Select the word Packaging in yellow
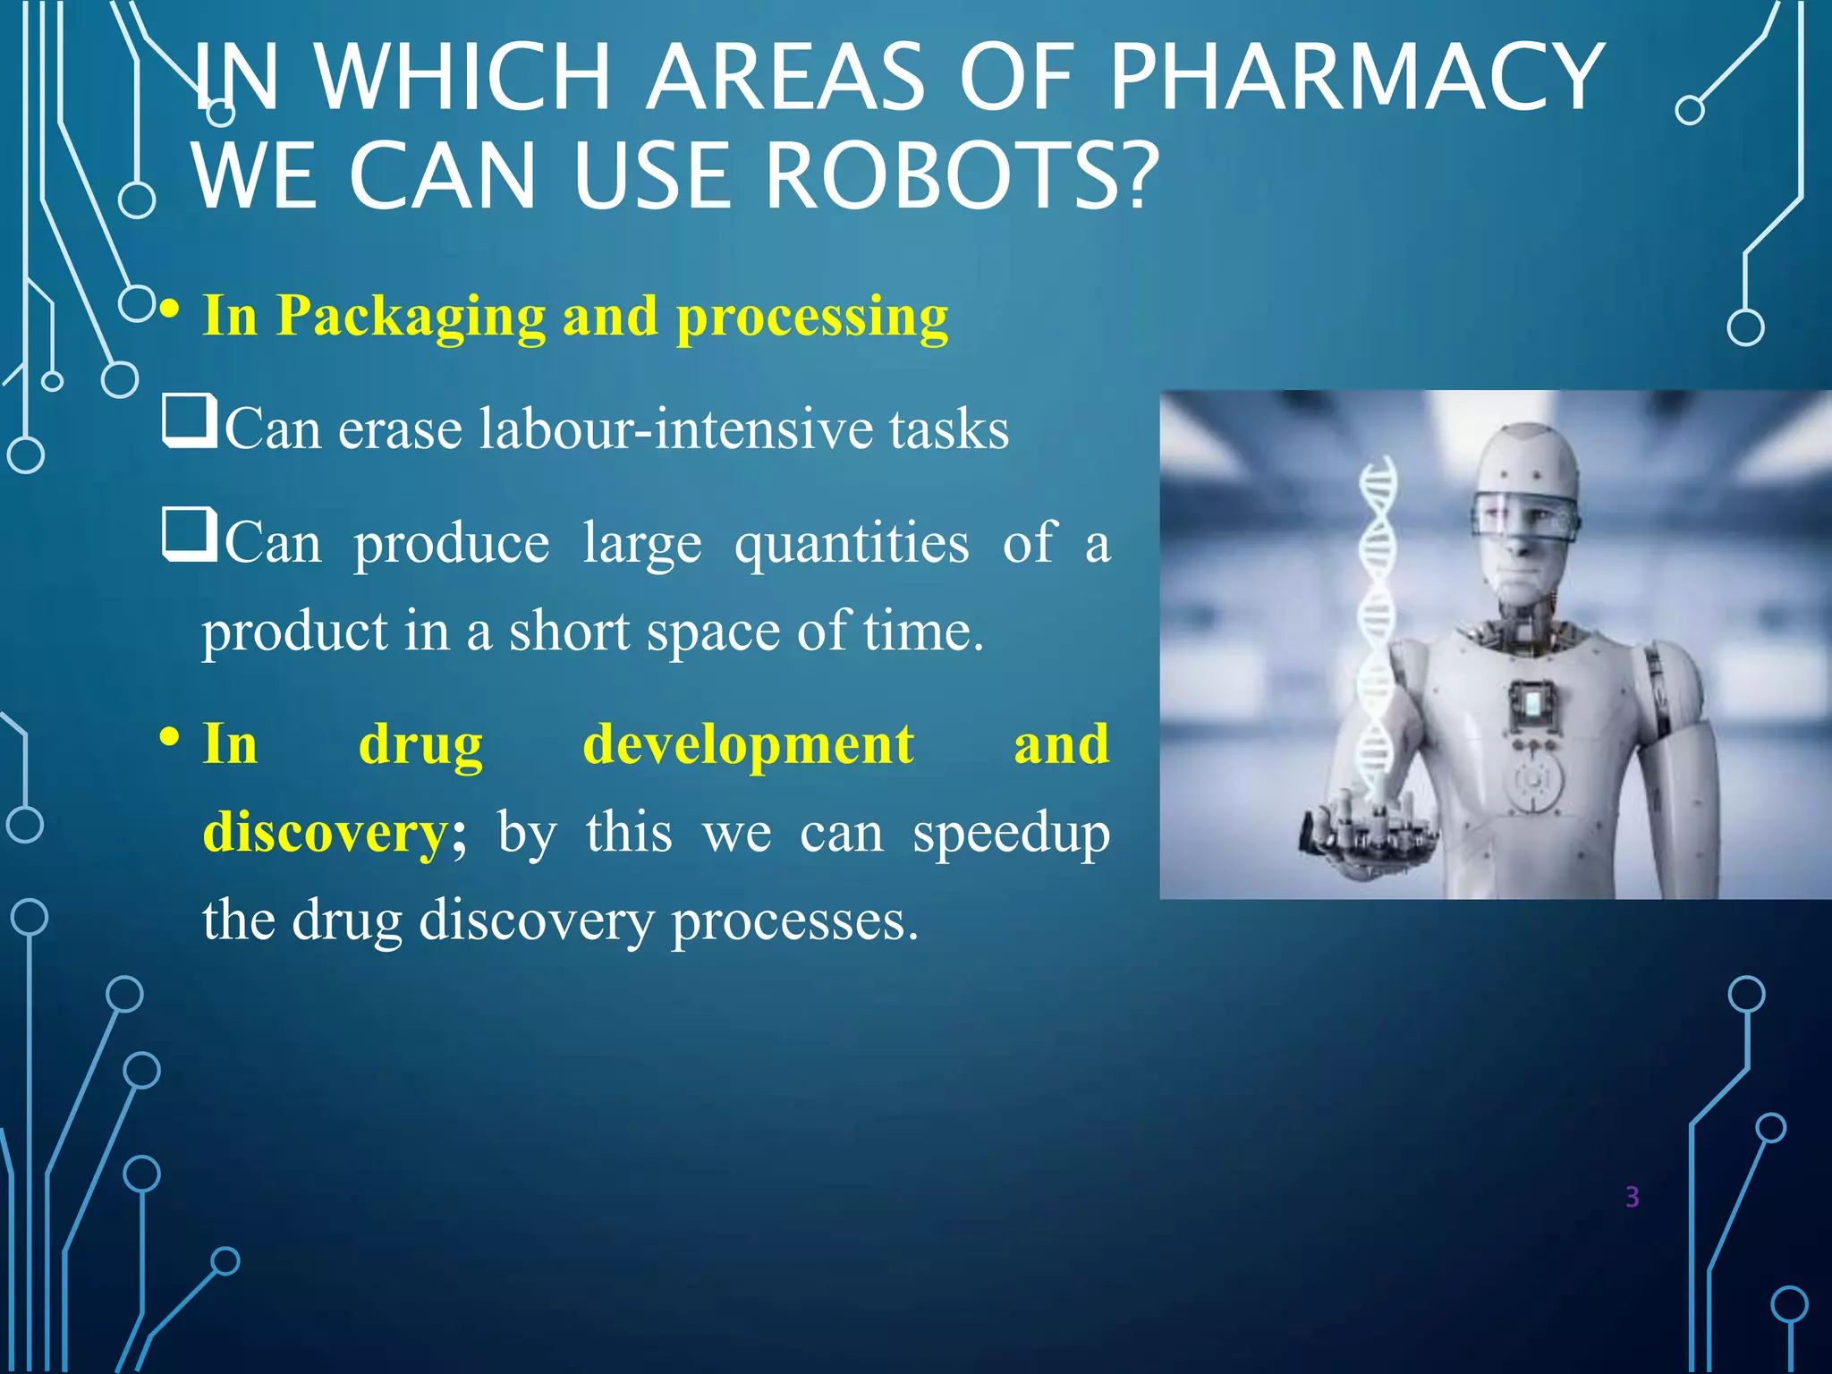(411, 317)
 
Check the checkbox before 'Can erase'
(189, 422)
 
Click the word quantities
(852, 544)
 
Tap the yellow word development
(748, 744)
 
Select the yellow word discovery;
(334, 832)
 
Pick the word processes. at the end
(794, 920)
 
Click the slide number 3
(1632, 1197)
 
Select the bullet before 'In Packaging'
(170, 311)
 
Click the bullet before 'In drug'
(170, 739)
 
